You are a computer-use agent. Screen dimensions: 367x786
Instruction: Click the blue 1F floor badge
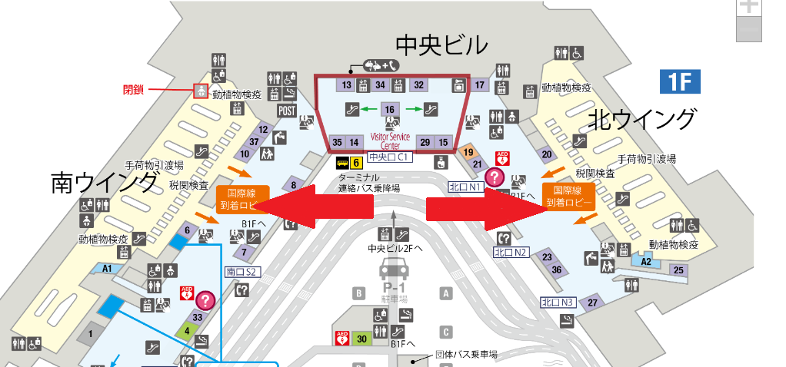pyautogui.click(x=680, y=81)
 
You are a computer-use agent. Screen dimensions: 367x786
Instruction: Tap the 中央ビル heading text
pyautogui.click(x=441, y=45)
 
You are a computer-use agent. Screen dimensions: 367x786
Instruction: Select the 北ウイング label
pyautogui.click(x=642, y=120)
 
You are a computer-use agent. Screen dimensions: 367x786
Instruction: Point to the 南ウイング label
pyautogui.click(x=104, y=183)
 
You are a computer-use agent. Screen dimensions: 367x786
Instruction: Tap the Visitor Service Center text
pyautogui.click(x=391, y=141)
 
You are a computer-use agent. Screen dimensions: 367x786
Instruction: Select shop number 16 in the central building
pyautogui.click(x=390, y=110)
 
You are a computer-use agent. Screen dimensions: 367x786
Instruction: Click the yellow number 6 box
pyautogui.click(x=356, y=162)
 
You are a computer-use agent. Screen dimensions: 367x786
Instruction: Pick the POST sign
pyautogui.click(x=287, y=111)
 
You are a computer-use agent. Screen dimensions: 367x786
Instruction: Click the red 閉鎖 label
pyautogui.click(x=134, y=89)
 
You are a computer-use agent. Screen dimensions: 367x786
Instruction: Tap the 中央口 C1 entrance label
pyautogui.click(x=390, y=157)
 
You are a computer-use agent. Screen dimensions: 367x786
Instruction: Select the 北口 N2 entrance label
pyautogui.click(x=511, y=252)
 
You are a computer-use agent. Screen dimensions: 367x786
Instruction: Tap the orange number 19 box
pyautogui.click(x=468, y=152)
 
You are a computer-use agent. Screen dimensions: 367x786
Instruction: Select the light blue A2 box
pyautogui.click(x=647, y=262)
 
